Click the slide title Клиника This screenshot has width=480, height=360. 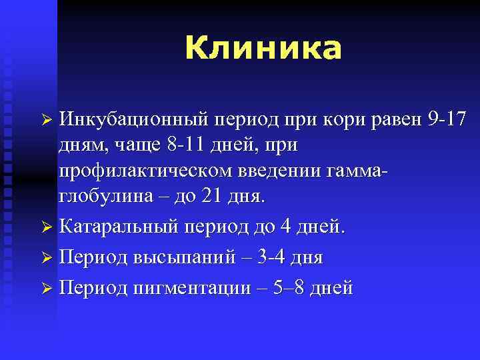[263, 48]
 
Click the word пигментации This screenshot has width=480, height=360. [185, 287]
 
